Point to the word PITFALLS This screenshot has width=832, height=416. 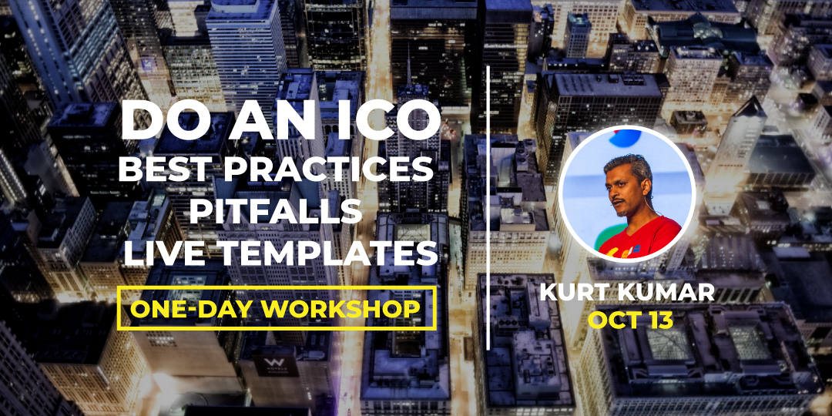click(275, 211)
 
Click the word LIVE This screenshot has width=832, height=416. click(161, 253)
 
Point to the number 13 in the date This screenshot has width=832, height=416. click(656, 320)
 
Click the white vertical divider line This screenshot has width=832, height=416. click(488, 208)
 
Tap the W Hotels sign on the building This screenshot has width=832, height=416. click(276, 366)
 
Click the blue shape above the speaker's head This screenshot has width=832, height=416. click(625, 138)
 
